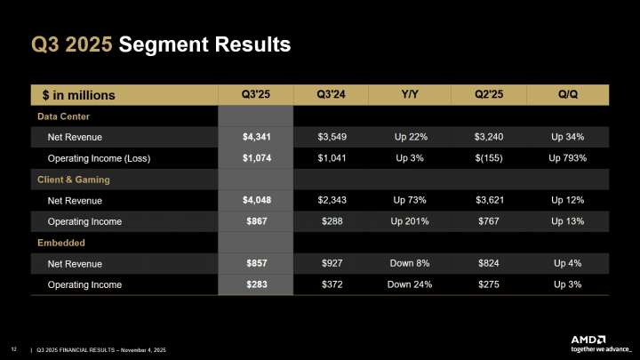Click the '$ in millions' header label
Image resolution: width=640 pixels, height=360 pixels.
tap(78, 95)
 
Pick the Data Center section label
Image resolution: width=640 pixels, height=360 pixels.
tap(63, 116)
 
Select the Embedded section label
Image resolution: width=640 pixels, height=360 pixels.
tap(61, 243)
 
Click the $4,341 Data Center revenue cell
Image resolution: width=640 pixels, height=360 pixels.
tap(256, 138)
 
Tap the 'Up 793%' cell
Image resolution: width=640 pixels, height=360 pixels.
tap(568, 158)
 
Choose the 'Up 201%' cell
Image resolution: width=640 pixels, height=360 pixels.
tap(412, 221)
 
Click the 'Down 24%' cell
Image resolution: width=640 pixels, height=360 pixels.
tap(412, 284)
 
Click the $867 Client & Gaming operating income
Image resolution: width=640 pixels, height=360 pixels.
tap(256, 221)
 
